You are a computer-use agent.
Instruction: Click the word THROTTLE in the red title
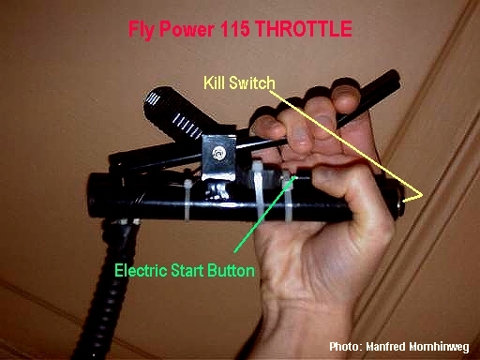coord(304,29)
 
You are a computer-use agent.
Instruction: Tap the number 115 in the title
coord(235,29)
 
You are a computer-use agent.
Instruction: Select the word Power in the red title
coord(187,29)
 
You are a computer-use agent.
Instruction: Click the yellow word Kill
coord(215,82)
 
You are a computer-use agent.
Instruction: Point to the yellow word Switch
coord(252,83)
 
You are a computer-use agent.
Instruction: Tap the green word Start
coord(187,270)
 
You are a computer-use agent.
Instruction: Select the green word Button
coord(231,270)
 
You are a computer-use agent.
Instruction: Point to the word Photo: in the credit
coord(346,347)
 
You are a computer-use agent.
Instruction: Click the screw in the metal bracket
coord(218,153)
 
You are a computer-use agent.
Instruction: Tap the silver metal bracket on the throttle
coord(217,157)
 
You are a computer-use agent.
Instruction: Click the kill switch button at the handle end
coord(400,202)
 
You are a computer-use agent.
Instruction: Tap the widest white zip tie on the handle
coord(258,190)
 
